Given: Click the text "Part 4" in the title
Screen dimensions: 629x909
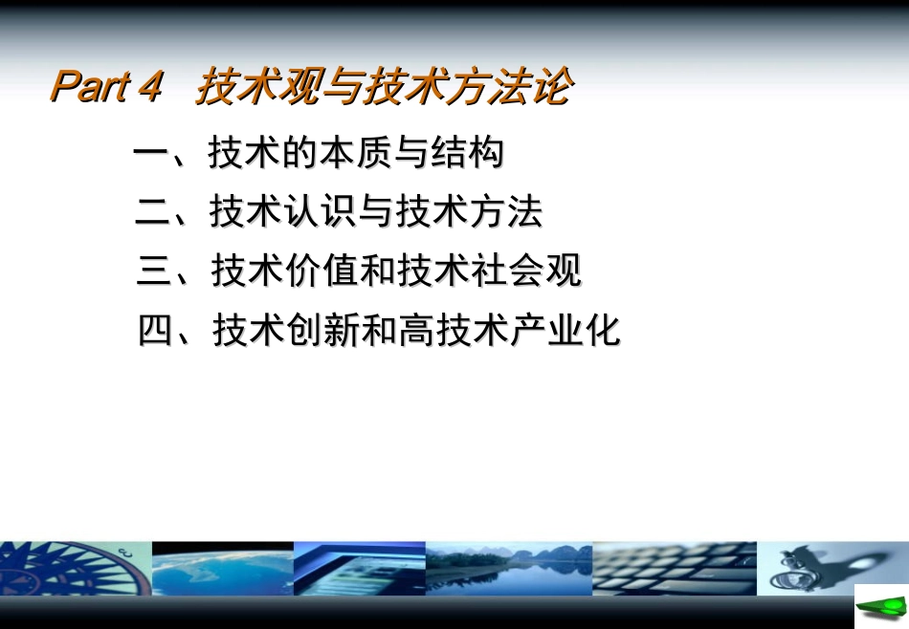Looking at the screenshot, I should click(x=107, y=87).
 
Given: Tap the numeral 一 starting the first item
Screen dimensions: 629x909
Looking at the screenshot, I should click(x=151, y=154).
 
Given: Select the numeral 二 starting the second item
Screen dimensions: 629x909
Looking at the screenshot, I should click(x=153, y=212).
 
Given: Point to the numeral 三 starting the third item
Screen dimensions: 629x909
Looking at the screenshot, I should click(x=155, y=271).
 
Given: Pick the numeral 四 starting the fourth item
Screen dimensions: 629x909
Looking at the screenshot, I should click(x=156, y=331).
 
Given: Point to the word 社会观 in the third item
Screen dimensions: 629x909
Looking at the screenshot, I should click(x=526, y=271).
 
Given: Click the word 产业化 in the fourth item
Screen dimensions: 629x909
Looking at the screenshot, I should click(x=565, y=331).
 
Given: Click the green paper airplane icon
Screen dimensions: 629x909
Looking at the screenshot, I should click(x=880, y=608).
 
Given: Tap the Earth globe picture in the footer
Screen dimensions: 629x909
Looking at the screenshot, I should click(x=222, y=570).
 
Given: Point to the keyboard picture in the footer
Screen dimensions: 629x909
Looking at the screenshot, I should click(x=674, y=570).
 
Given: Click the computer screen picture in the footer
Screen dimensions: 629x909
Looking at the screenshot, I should click(x=359, y=570).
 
